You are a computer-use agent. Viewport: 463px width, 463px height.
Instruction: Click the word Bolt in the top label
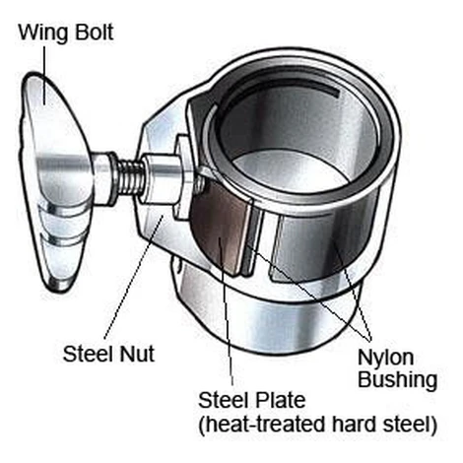coord(95,32)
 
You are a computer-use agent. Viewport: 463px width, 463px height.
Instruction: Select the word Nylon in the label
coord(386,359)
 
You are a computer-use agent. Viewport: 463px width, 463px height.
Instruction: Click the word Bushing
coord(398,380)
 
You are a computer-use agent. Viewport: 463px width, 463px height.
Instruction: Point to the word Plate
coord(280,400)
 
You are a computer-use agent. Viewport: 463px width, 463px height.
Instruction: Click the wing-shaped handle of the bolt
coord(54,180)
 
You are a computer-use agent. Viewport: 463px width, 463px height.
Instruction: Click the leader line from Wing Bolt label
coord(44,75)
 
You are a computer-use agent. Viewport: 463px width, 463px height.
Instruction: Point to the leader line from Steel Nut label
coord(134,277)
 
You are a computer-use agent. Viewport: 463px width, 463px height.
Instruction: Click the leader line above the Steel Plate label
coord(227,311)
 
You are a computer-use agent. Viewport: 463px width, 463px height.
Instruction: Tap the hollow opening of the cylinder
coord(296,138)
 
